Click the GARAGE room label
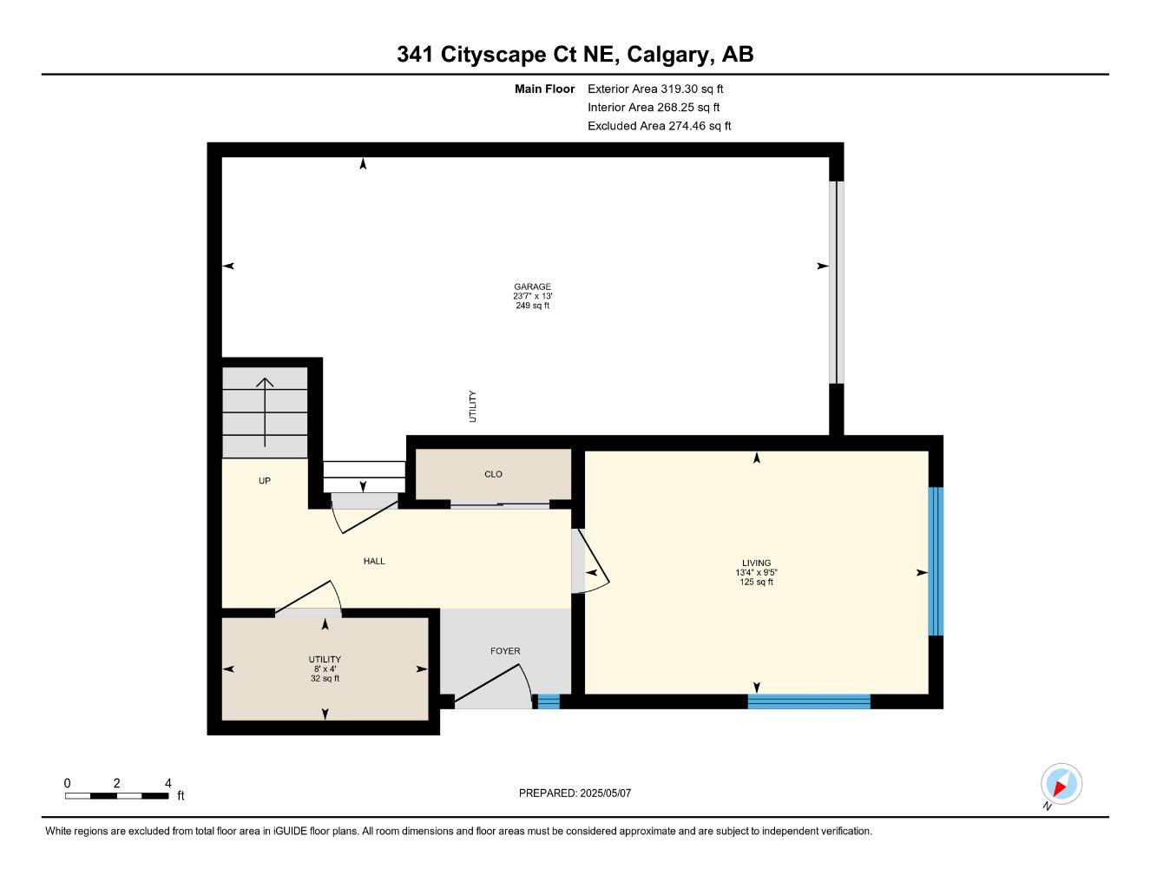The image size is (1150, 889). coord(532,286)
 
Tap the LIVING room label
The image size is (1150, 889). coord(756,563)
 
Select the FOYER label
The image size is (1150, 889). coord(505,651)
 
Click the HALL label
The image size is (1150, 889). coord(374,561)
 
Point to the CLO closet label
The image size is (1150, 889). coord(493,474)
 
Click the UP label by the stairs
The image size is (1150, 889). coord(265,481)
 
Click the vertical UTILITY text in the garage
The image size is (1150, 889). coord(473,406)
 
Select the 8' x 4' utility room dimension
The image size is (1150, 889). coord(325,668)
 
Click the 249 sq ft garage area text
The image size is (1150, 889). coord(532,306)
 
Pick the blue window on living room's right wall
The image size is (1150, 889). coord(936,562)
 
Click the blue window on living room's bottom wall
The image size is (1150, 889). coord(808,701)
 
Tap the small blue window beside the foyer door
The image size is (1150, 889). coord(548,701)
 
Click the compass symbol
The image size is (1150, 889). coord(1061,785)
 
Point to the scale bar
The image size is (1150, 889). coord(116,795)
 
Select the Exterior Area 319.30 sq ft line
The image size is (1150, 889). coord(655,89)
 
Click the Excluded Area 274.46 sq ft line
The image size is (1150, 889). coord(659,126)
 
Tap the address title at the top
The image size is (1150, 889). coord(575,55)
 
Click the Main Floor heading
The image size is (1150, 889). coord(544,89)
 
